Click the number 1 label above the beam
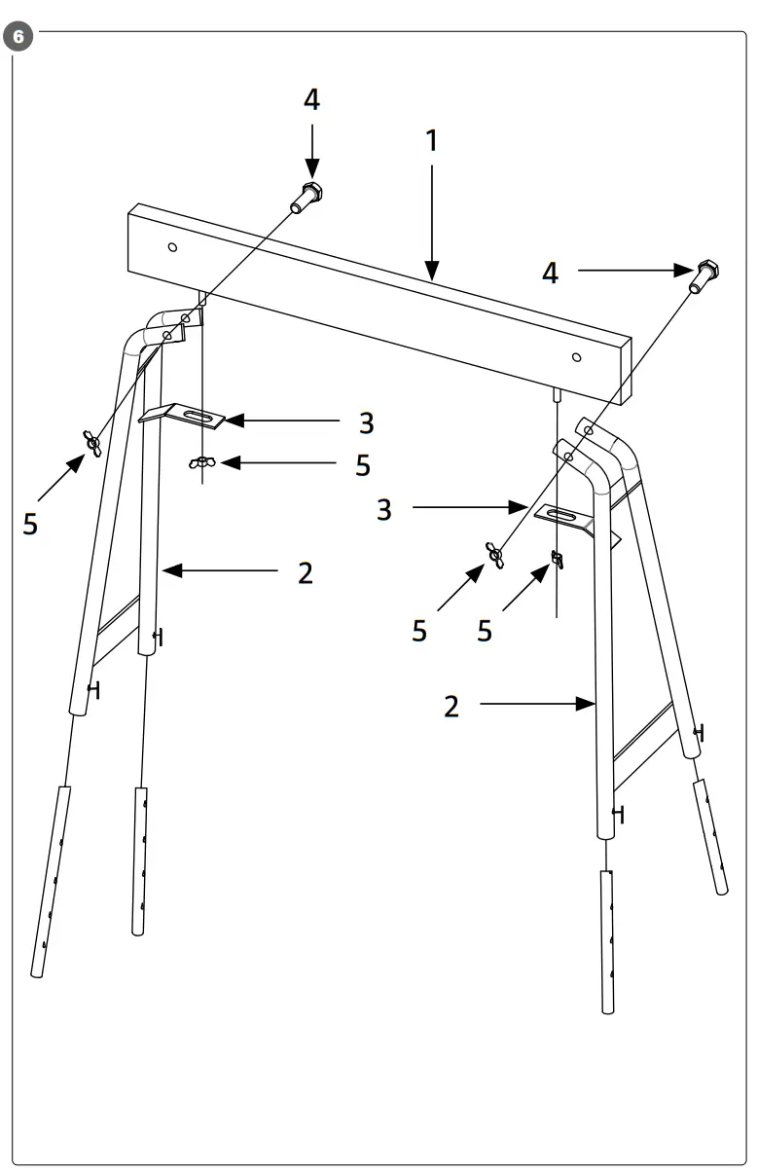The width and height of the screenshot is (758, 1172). (x=431, y=141)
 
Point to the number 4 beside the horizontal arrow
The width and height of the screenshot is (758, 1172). (x=551, y=274)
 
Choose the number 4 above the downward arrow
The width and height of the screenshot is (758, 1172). (x=311, y=100)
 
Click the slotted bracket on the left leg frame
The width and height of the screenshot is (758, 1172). (x=185, y=417)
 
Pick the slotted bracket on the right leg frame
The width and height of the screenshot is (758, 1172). (x=563, y=517)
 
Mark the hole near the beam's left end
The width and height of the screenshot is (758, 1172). (x=172, y=247)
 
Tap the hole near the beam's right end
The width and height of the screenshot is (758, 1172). (x=577, y=357)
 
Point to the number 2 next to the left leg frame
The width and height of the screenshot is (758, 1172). (x=306, y=573)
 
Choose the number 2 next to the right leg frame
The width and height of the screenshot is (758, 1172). (x=451, y=706)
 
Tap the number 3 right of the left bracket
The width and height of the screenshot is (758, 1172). (x=366, y=423)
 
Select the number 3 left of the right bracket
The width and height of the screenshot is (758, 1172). (x=385, y=508)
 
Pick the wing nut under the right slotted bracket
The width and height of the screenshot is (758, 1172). (x=558, y=559)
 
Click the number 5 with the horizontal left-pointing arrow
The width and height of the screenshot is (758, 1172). (x=362, y=465)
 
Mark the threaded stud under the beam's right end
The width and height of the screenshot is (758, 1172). (x=556, y=394)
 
